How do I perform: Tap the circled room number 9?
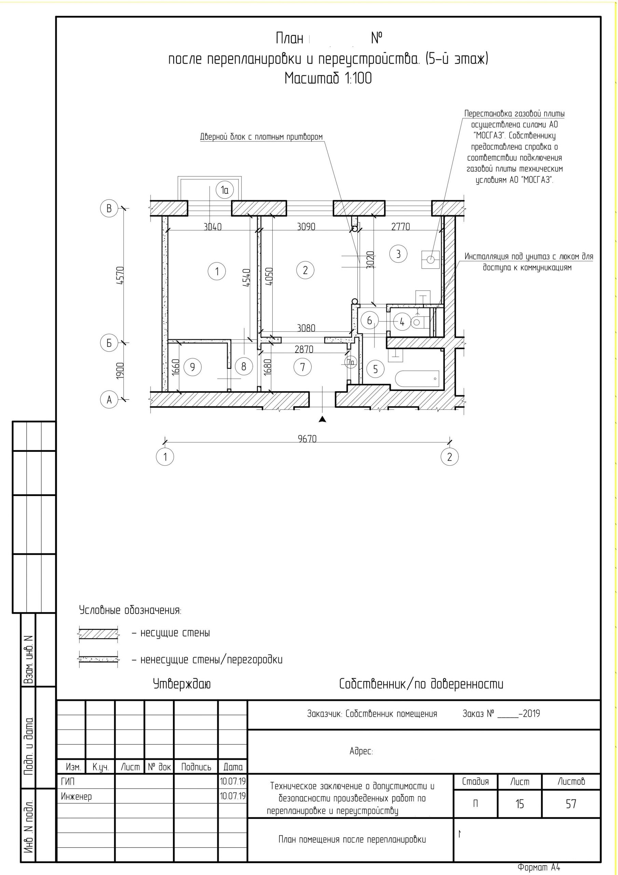(x=192, y=367)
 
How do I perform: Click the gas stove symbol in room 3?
(x=430, y=260)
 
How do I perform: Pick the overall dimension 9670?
(x=307, y=439)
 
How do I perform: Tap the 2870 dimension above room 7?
(x=304, y=349)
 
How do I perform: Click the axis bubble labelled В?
(x=109, y=209)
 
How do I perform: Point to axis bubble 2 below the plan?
(x=450, y=457)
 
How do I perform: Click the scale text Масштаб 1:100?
(x=328, y=79)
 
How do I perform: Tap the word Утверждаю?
(x=182, y=684)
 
